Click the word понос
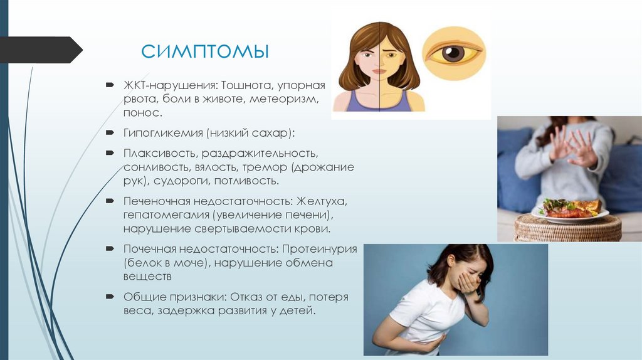pos(142,114)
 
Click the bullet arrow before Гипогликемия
pos(110,133)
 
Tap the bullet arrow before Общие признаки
pos(110,297)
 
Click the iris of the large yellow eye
pos(452,53)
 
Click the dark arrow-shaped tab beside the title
pos(41,50)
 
